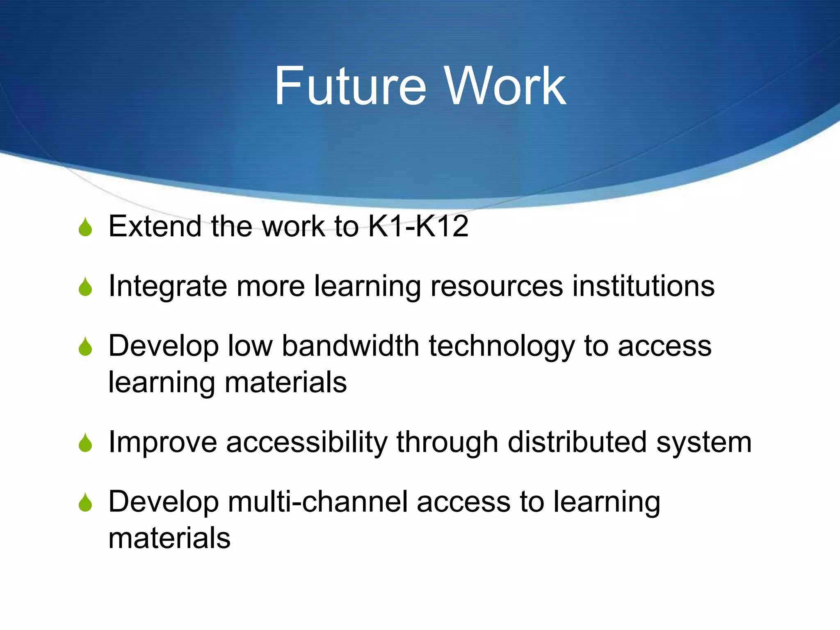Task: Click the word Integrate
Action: (x=167, y=286)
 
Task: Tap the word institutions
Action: (x=644, y=286)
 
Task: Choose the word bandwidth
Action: (x=350, y=346)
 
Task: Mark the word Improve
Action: (x=162, y=443)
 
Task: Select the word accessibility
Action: (x=307, y=443)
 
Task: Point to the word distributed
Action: (x=577, y=442)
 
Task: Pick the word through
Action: (x=447, y=443)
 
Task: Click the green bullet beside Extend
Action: (x=85, y=227)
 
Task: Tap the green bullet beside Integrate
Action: (x=85, y=287)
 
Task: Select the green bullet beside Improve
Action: (x=85, y=443)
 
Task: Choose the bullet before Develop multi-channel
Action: (x=85, y=502)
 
